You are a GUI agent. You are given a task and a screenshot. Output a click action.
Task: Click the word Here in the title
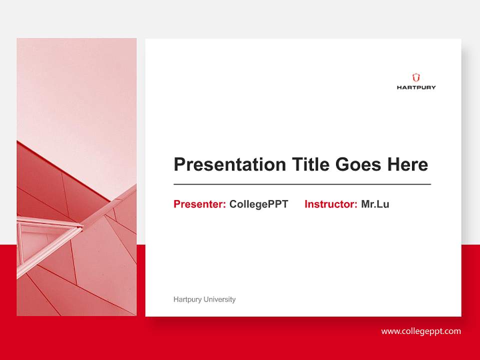click(x=407, y=164)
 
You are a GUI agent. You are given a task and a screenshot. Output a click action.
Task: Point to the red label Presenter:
click(x=199, y=204)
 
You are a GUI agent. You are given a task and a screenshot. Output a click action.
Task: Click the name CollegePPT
click(x=258, y=204)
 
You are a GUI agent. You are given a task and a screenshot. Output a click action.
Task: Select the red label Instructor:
click(x=330, y=204)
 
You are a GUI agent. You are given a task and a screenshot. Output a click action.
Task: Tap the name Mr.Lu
click(x=375, y=204)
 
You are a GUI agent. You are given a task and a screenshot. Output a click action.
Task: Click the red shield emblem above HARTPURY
click(x=416, y=77)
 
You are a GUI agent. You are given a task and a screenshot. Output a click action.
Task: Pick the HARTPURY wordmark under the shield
click(x=416, y=87)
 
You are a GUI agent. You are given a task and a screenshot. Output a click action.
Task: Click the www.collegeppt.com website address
click(x=421, y=331)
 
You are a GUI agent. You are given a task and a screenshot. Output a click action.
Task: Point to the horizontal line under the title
click(x=302, y=184)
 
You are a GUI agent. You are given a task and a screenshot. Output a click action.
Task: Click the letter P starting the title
click(x=179, y=164)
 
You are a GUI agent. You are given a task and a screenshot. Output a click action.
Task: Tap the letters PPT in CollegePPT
click(x=278, y=204)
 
